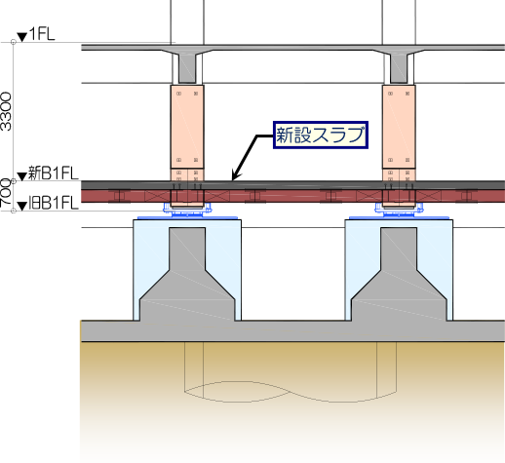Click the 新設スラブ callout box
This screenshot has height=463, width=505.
[x=321, y=135]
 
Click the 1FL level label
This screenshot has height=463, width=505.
[x=42, y=34]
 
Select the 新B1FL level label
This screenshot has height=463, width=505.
[x=54, y=173]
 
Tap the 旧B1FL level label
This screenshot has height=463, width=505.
[x=54, y=204]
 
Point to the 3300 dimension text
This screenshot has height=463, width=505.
[x=6, y=111]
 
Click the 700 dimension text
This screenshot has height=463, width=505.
[x=6, y=192]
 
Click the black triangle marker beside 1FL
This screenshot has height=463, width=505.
[x=22, y=37]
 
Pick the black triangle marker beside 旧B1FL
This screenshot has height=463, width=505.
[x=22, y=207]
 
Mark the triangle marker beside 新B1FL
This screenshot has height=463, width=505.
[x=22, y=176]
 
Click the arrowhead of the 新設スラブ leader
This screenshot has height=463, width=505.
[x=235, y=175]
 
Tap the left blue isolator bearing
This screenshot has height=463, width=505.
[x=187, y=212]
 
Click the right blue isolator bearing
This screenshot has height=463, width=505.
[x=399, y=212]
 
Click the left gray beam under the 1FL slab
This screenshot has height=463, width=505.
[x=187, y=67]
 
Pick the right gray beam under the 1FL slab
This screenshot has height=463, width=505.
[x=399, y=67]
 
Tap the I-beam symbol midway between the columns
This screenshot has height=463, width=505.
[x=255, y=196]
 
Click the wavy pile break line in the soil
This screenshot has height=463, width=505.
[x=291, y=392]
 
